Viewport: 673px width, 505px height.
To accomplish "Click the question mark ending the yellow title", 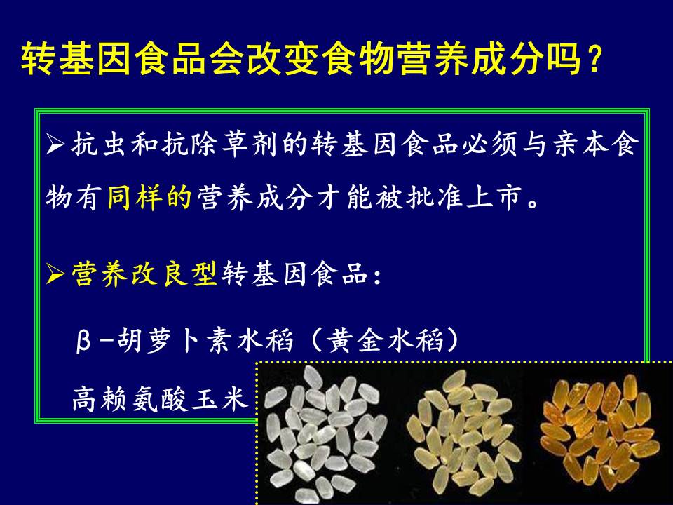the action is [x=594, y=59].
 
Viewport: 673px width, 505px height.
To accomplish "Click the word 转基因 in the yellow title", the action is [x=76, y=59].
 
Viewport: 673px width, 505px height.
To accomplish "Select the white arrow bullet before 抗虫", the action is [x=55, y=144].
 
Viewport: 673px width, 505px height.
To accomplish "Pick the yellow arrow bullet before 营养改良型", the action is [x=55, y=274].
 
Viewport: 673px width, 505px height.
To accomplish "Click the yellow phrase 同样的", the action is [x=149, y=198].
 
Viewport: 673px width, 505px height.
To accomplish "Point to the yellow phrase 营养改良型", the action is [x=144, y=273].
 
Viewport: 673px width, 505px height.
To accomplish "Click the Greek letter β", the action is [x=83, y=341].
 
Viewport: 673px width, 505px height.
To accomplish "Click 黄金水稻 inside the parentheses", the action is [x=385, y=340].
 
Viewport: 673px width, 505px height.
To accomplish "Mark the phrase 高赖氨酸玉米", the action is [x=160, y=398].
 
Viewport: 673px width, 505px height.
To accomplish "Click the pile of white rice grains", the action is [x=325, y=433].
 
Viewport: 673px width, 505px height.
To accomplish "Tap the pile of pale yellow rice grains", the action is [x=464, y=433].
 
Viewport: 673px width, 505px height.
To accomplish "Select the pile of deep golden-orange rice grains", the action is [x=599, y=431].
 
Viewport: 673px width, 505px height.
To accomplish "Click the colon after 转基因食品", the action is [x=377, y=277].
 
